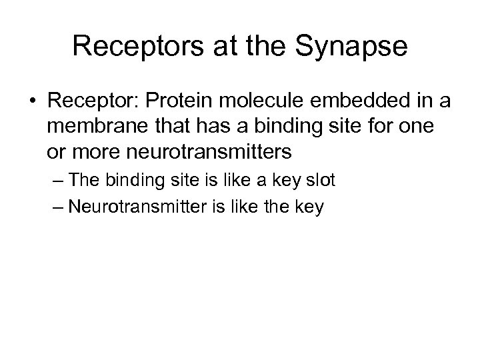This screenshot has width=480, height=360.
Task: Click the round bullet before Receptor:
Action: coord(33,101)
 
